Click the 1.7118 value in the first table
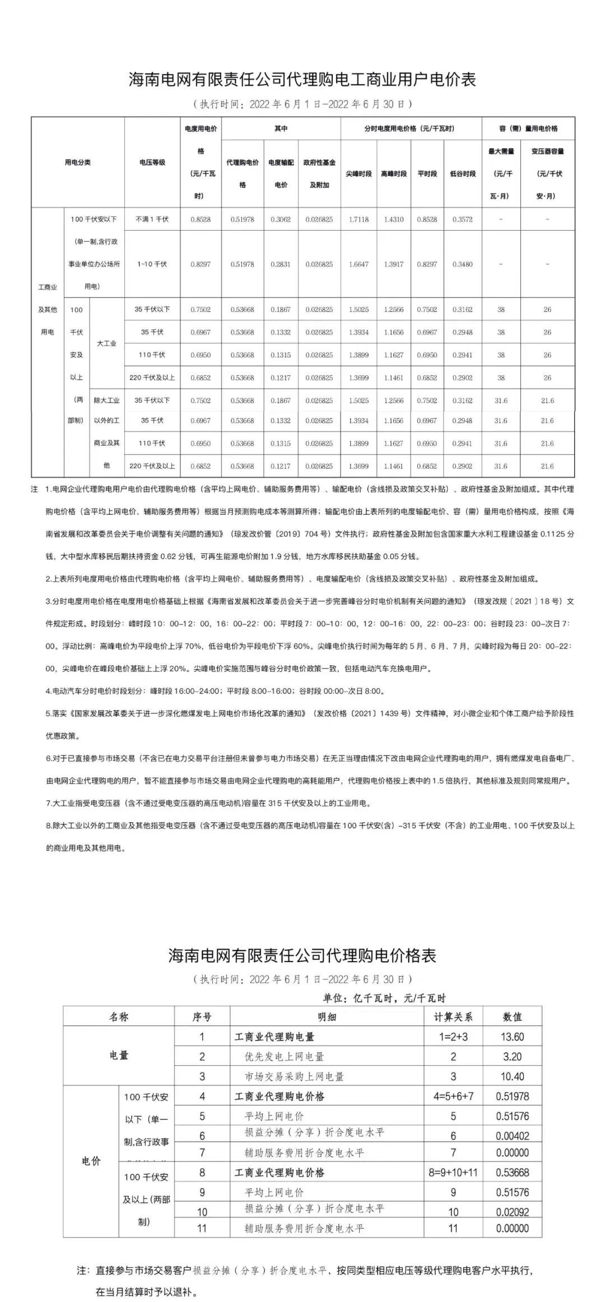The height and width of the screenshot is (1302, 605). pyautogui.click(x=359, y=220)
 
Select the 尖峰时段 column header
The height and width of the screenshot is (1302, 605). pyautogui.click(x=359, y=174)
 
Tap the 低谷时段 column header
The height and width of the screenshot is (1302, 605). pyautogui.click(x=463, y=174)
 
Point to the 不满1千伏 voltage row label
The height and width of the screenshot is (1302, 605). pyautogui.click(x=152, y=220)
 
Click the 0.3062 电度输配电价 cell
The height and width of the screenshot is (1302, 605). pyautogui.click(x=281, y=220)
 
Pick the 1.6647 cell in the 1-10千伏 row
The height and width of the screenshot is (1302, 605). pyautogui.click(x=359, y=264)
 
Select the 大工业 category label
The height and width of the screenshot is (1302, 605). pyautogui.click(x=106, y=343)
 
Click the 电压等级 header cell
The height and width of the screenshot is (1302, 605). pyautogui.click(x=152, y=162)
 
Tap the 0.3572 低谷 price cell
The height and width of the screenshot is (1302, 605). pyautogui.click(x=463, y=220)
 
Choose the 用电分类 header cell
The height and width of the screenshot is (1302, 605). pyautogui.click(x=77, y=162)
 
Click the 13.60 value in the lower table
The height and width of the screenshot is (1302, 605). pyautogui.click(x=512, y=1037)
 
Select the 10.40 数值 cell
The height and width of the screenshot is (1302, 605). pyautogui.click(x=512, y=1076)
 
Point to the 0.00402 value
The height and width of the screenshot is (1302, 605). pyautogui.click(x=512, y=1136)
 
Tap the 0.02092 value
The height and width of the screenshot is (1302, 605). pyautogui.click(x=512, y=1212)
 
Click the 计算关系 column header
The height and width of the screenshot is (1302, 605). pyautogui.click(x=453, y=1017)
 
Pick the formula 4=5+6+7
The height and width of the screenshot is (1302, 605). pyautogui.click(x=453, y=1096)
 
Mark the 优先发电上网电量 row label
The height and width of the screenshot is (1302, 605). pyautogui.click(x=284, y=1057)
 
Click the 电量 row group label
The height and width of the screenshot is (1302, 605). pyautogui.click(x=119, y=1056)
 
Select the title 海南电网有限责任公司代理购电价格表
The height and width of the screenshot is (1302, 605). pyautogui.click(x=302, y=955)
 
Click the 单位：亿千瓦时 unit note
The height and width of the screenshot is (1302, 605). pyautogui.click(x=384, y=998)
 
